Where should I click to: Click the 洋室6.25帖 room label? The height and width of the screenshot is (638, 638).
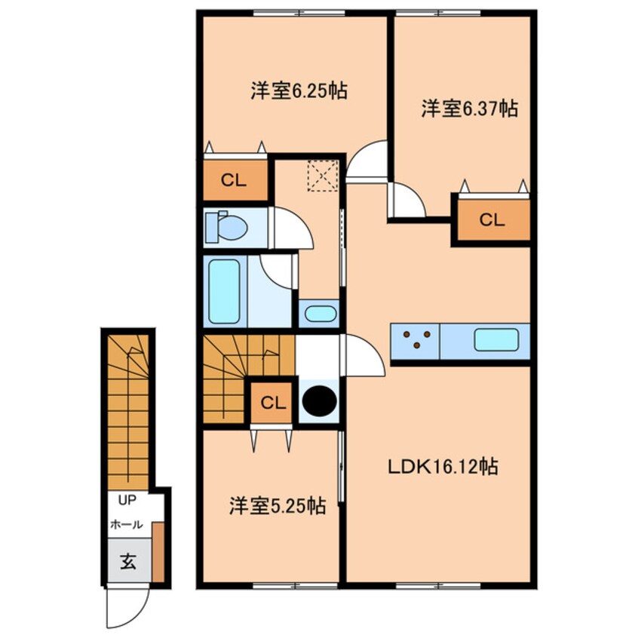299,91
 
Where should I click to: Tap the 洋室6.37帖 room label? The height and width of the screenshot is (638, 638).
468,109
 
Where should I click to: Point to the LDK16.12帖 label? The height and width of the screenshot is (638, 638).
443,467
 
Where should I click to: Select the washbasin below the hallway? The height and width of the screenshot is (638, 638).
320,314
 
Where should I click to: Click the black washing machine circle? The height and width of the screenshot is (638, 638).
318,400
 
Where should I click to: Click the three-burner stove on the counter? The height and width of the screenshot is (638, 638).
416,340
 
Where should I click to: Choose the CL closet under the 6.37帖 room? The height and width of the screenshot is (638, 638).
492,219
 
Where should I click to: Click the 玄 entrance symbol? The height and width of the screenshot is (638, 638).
128,562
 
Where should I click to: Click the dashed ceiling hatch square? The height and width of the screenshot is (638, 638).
321,178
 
